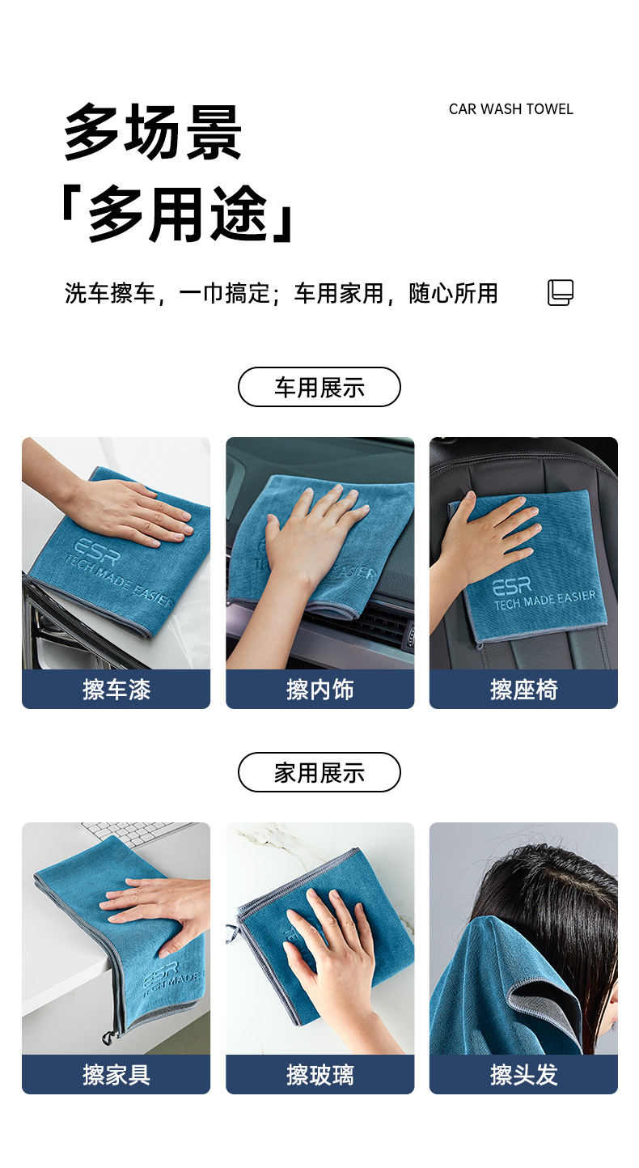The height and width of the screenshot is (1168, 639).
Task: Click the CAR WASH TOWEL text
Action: (x=510, y=109)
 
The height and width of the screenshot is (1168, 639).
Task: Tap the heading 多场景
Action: (x=153, y=132)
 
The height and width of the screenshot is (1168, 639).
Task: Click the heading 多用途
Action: (x=178, y=214)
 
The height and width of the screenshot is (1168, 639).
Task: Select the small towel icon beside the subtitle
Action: (x=561, y=292)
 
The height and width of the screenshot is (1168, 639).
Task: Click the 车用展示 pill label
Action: (x=319, y=387)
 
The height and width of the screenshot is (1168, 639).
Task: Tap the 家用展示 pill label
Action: (x=319, y=772)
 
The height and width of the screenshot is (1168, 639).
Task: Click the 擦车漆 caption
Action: (x=116, y=690)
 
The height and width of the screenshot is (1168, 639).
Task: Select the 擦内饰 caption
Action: (x=320, y=690)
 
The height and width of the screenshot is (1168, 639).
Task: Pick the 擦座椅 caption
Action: (x=524, y=690)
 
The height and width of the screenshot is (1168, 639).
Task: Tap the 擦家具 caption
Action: (x=116, y=1075)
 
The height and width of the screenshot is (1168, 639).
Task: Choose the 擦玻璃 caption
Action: (x=320, y=1075)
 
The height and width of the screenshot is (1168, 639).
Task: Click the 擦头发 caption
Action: (x=524, y=1075)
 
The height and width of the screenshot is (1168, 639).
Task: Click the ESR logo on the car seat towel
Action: (x=512, y=587)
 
